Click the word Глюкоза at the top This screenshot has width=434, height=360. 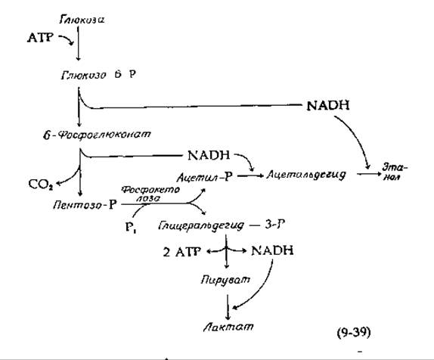[82, 20]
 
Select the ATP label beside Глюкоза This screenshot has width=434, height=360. [40, 37]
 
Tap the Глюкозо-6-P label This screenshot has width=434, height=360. [98, 75]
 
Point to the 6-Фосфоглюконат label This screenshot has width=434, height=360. [97, 135]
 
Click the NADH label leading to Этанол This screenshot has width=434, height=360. [328, 106]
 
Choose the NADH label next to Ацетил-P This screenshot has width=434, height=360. [209, 155]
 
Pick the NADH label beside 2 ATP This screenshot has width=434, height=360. [272, 250]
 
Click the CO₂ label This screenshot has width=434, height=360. [41, 185]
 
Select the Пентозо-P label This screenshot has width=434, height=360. [85, 205]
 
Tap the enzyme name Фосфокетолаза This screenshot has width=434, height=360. [150, 194]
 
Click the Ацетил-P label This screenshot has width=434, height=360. [204, 176]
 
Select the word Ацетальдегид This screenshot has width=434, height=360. [306, 175]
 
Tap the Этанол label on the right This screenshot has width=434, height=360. [395, 172]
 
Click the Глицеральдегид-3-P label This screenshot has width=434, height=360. [222, 225]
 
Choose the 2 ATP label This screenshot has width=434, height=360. [181, 252]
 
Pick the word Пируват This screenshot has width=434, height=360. [225, 280]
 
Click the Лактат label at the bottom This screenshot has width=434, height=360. [228, 327]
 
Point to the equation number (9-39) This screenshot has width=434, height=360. [354, 332]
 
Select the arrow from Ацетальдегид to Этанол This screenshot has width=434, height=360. [369, 174]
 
